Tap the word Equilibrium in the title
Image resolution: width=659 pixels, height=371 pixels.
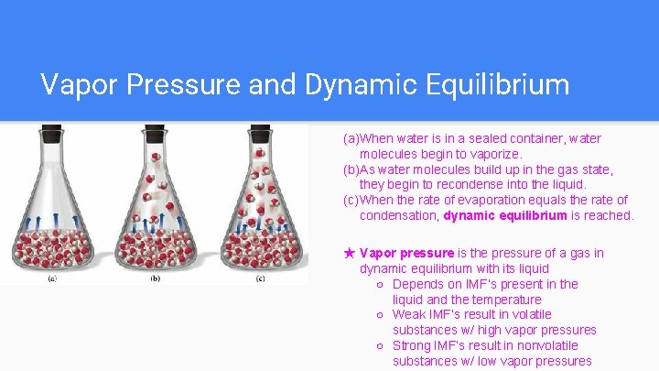coord(495,85)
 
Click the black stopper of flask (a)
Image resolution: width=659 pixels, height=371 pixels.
coord(51,131)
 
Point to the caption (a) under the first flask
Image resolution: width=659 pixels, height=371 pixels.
coord(51,278)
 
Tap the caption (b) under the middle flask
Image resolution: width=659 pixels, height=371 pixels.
coord(155,278)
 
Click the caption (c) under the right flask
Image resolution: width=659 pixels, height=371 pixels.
coord(260,278)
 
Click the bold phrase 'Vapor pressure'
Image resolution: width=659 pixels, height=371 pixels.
coord(406,253)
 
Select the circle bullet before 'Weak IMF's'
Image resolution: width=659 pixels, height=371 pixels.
coord(380,315)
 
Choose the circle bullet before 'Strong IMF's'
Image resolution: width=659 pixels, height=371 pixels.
coord(380,345)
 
